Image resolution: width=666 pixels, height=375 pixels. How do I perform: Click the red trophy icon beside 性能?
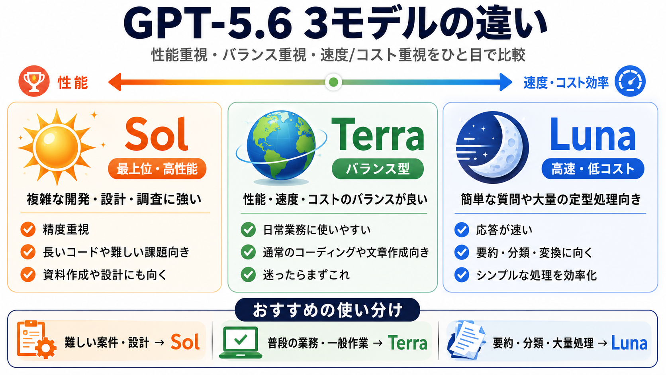(x=34, y=81)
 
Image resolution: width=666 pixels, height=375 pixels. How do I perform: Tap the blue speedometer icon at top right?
(x=630, y=81)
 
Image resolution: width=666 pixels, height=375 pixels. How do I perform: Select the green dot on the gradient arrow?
(x=333, y=82)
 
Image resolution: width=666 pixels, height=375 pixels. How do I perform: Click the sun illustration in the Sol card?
(x=57, y=147)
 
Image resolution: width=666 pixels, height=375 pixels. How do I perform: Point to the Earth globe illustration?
(x=281, y=146)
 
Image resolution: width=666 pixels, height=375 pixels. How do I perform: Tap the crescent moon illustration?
(x=492, y=147)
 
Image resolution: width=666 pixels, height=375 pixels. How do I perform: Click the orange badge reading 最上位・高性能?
(x=157, y=169)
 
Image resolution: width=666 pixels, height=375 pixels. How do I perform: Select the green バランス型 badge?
(x=378, y=169)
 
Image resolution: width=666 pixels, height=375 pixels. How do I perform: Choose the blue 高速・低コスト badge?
(x=593, y=169)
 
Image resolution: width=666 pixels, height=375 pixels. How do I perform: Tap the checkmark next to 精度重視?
(x=28, y=229)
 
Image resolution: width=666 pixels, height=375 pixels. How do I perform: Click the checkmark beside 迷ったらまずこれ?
(x=248, y=275)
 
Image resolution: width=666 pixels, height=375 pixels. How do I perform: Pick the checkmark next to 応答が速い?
(x=462, y=230)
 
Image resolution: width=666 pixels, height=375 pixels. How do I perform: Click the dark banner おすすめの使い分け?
(x=327, y=310)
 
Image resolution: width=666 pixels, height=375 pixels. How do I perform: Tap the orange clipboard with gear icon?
(x=36, y=340)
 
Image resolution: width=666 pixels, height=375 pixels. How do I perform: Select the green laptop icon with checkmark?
(x=241, y=342)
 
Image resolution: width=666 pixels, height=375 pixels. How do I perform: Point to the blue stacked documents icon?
(x=466, y=340)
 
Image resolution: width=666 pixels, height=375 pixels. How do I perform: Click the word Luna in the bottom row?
(x=629, y=343)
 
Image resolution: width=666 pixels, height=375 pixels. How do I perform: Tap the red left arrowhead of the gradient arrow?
(x=115, y=82)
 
